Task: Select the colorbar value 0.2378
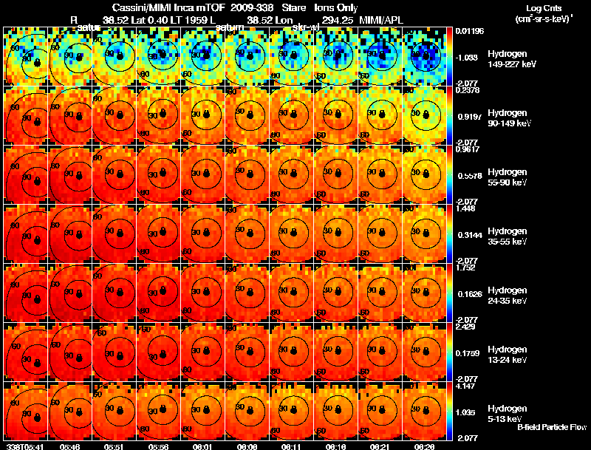pos(467,89)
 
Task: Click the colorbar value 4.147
pos(467,385)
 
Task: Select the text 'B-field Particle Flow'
pos(552,427)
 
